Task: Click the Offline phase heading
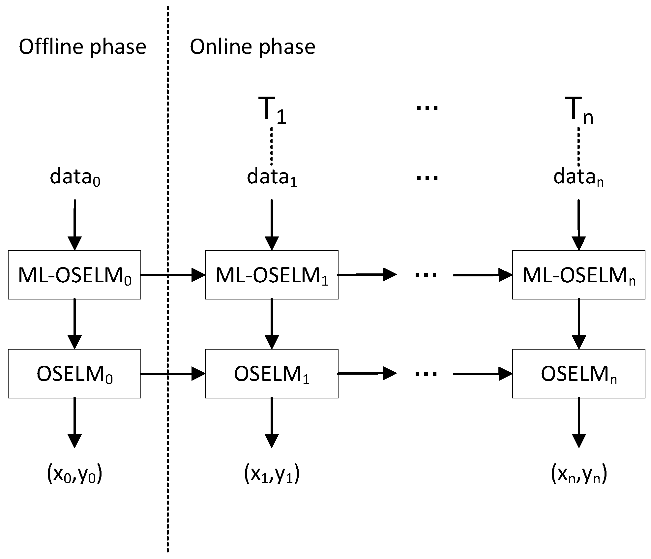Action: (82, 47)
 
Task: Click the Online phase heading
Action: (252, 47)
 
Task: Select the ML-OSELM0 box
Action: (74, 275)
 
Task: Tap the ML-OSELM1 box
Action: (272, 275)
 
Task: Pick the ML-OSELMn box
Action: (578, 275)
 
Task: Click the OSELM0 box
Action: (74, 374)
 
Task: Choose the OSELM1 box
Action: (272, 374)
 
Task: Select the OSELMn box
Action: (578, 374)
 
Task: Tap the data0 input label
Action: (75, 177)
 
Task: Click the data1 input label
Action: (272, 177)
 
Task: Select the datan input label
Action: (578, 177)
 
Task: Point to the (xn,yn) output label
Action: (579, 475)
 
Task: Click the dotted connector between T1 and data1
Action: (272, 146)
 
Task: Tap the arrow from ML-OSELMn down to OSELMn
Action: (579, 324)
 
